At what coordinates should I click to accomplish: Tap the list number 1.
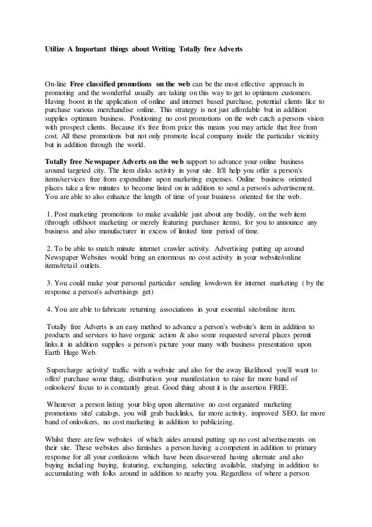[x=48, y=214]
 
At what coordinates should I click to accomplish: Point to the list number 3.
[x=48, y=284]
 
